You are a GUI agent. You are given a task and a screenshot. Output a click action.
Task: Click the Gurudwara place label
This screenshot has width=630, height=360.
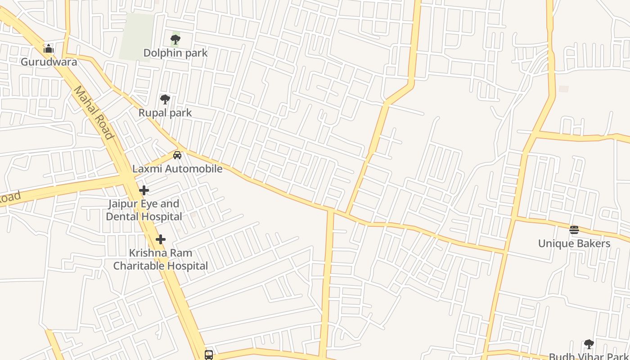tap(49, 62)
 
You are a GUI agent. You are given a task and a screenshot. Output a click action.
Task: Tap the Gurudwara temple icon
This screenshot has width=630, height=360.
tap(49, 49)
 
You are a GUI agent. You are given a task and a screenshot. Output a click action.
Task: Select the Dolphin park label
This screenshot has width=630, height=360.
tap(175, 53)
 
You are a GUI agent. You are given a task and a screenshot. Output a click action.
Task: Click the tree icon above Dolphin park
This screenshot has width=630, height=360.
tap(175, 40)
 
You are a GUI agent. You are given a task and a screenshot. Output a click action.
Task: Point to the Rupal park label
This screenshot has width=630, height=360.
tap(165, 113)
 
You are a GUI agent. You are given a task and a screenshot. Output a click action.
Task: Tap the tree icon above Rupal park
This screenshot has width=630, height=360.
tap(165, 99)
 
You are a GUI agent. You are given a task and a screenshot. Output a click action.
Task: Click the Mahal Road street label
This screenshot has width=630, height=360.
tap(94, 112)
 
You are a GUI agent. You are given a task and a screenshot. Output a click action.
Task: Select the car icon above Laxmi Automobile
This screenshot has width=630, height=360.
tap(177, 155)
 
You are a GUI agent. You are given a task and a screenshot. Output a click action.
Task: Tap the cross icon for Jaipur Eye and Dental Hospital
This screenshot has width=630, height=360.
tap(144, 190)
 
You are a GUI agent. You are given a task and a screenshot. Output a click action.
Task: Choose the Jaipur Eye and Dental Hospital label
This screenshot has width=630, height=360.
tap(144, 210)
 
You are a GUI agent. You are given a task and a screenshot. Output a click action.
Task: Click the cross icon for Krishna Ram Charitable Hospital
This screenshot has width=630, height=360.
tap(161, 239)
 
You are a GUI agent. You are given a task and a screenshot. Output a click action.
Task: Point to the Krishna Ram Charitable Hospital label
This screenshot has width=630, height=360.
tap(161, 259)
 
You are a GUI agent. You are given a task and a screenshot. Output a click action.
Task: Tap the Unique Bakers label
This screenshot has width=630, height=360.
tap(574, 244)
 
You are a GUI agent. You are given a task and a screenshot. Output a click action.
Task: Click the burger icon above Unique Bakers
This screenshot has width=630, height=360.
tap(574, 230)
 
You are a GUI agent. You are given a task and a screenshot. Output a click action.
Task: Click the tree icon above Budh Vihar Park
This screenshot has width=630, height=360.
tap(589, 344)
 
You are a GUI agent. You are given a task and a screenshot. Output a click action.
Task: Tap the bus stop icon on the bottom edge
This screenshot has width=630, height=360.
tap(209, 355)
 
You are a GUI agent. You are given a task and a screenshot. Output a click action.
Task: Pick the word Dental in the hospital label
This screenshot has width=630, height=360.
tap(123, 216)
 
